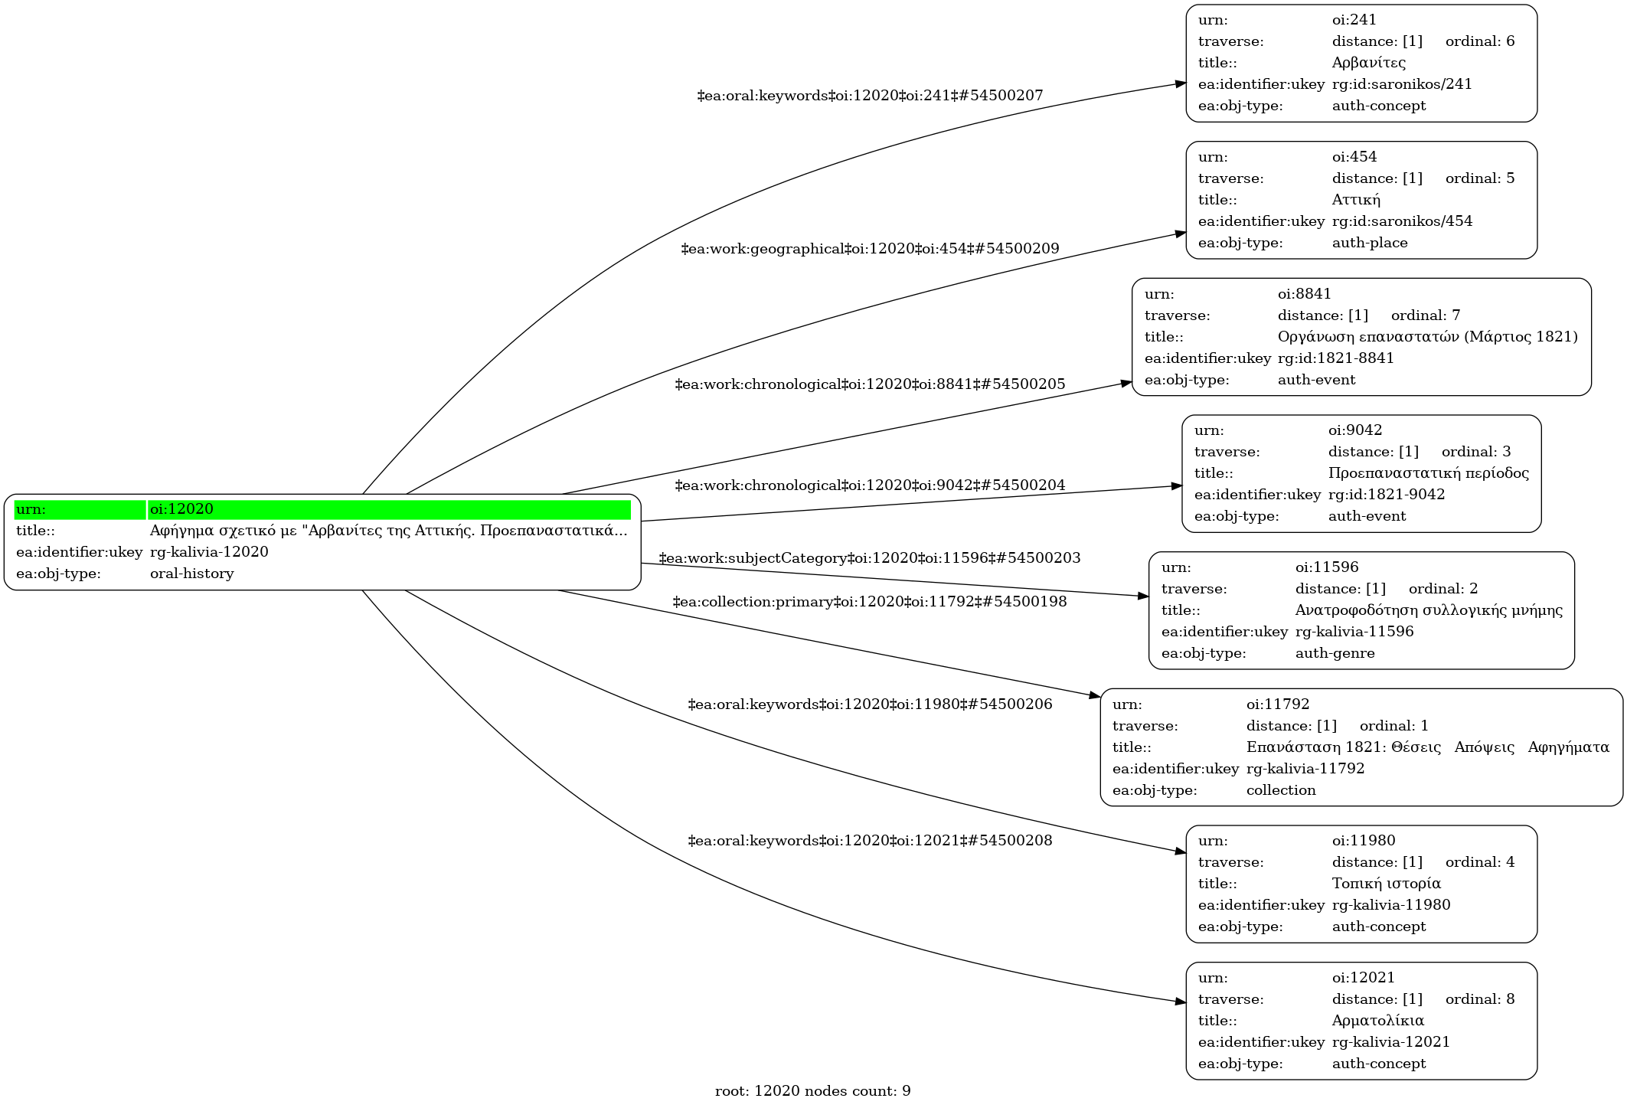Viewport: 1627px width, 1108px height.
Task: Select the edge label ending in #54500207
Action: pyautogui.click(x=870, y=96)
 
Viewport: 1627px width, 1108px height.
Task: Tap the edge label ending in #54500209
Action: pyautogui.click(x=870, y=249)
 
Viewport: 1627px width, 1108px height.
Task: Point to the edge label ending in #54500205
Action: pyautogui.click(x=870, y=384)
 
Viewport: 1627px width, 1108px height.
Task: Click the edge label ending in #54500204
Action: pyautogui.click(x=870, y=485)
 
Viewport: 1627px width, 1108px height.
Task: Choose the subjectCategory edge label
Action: pyautogui.click(x=870, y=558)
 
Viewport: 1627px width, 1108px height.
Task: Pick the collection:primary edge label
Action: pyautogui.click(x=870, y=602)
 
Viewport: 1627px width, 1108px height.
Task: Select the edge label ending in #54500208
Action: pyautogui.click(x=870, y=841)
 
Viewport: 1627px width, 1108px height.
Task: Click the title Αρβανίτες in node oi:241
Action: pyautogui.click(x=1368, y=63)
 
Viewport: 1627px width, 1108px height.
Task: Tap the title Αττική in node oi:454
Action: pyautogui.click(x=1356, y=200)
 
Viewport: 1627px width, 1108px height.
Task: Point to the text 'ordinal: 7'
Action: pyautogui.click(x=1426, y=315)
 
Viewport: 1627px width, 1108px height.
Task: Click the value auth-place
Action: pyautogui.click(x=1370, y=243)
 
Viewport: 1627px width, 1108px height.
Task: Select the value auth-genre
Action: pyautogui.click(x=1335, y=653)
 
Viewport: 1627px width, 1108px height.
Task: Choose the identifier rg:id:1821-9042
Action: pyautogui.click(x=1387, y=495)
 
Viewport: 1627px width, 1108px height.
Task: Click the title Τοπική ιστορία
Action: pyautogui.click(x=1386, y=884)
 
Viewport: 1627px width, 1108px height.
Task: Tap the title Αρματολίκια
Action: pyautogui.click(x=1377, y=1021)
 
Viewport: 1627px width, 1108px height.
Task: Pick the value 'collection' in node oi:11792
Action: pyautogui.click(x=1281, y=790)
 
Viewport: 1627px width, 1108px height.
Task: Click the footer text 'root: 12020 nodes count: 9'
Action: pyautogui.click(x=812, y=1091)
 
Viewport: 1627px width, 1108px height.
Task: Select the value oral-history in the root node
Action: pyautogui.click(x=191, y=574)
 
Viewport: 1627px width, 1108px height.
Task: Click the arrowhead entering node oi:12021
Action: pyautogui.click(x=1181, y=1002)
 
